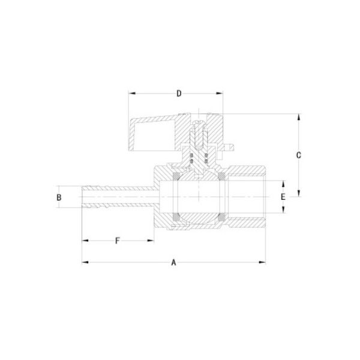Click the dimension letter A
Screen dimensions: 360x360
click(174, 262)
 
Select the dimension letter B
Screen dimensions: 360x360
click(59, 197)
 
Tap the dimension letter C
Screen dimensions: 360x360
click(298, 155)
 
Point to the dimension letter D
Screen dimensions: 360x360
click(178, 94)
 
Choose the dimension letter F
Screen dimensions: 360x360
click(118, 241)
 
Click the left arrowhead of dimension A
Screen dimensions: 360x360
click(85, 262)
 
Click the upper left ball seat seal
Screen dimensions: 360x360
click(177, 176)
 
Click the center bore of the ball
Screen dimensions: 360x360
click(199, 197)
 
